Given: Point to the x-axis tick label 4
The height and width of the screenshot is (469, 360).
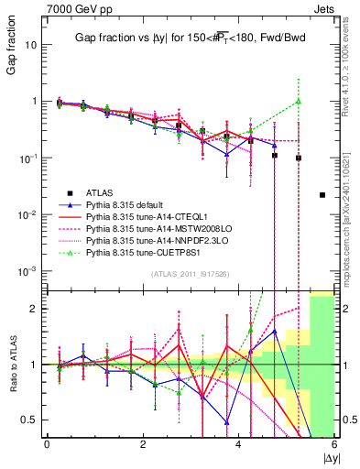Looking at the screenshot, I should pos(238,444).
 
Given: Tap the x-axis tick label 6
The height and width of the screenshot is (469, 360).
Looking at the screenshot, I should pos(334,444).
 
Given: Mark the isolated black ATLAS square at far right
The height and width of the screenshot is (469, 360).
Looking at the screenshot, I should pos(322,194).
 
